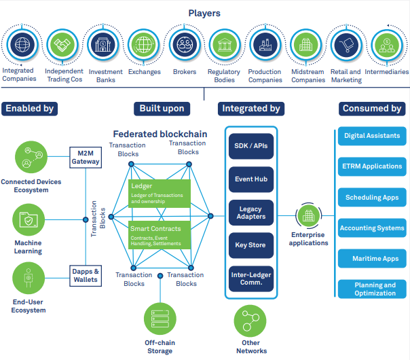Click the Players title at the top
[x=204, y=13]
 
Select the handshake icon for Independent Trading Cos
[x=64, y=46]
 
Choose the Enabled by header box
[x=29, y=108]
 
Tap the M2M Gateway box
[x=86, y=158]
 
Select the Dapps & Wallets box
[x=86, y=274]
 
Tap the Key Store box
[x=251, y=245]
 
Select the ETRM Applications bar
[x=372, y=166]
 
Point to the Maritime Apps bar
[x=372, y=259]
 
